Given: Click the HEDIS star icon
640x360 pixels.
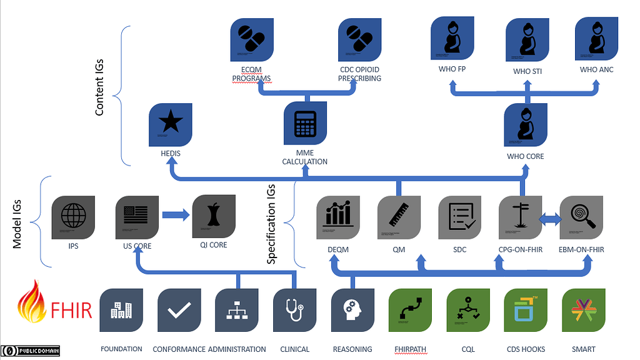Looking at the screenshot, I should click(x=171, y=124).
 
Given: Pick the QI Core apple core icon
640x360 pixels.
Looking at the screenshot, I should click(x=214, y=216).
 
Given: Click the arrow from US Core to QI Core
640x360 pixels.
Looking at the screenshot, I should click(x=176, y=216).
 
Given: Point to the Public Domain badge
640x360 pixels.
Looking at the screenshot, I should click(x=31, y=351).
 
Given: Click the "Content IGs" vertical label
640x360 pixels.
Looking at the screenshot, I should click(x=99, y=87).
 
